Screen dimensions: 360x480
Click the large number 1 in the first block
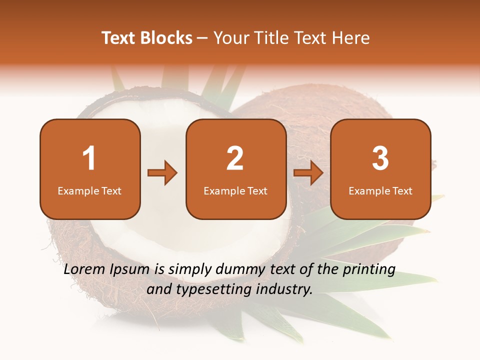(89, 158)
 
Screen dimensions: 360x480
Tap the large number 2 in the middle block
(235, 158)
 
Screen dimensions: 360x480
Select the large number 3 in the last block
(380, 158)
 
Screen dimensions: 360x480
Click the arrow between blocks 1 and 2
(162, 173)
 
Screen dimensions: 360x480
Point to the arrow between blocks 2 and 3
(308, 173)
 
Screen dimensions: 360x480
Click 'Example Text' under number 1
(89, 191)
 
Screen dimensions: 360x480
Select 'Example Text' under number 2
(235, 191)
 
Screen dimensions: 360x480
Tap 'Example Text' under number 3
(380, 191)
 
